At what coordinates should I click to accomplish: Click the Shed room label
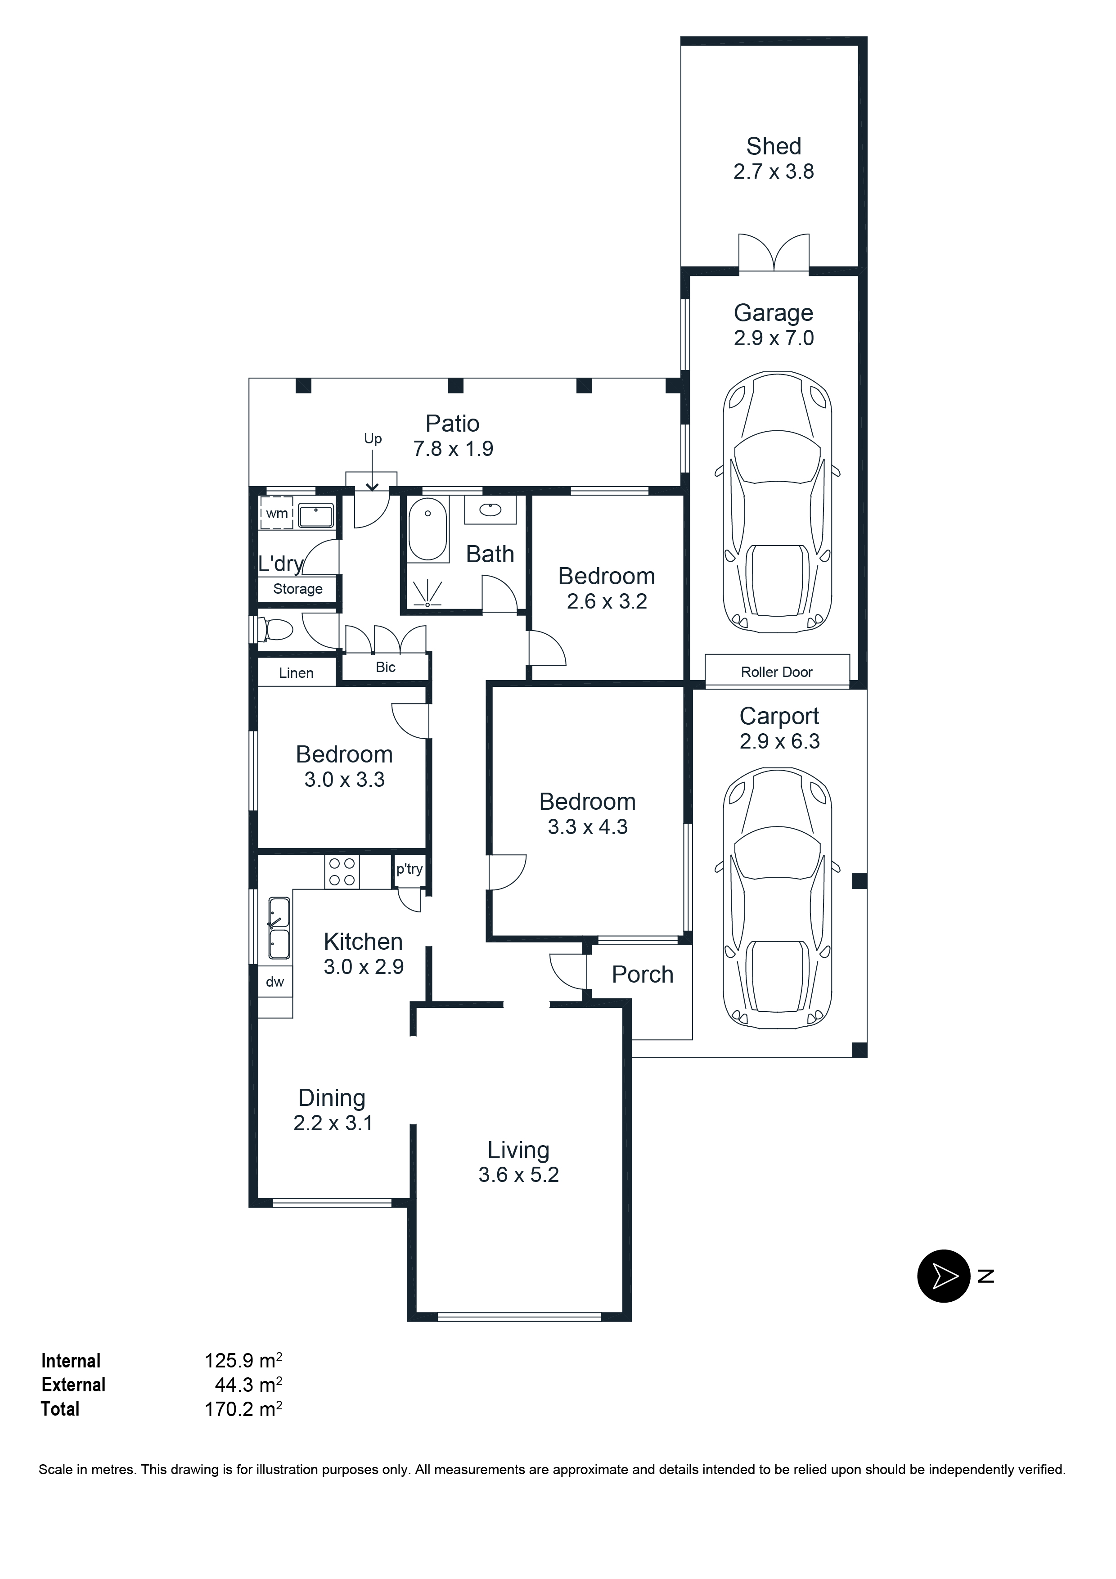(774, 146)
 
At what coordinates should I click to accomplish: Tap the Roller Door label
(776, 672)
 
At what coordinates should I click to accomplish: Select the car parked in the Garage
(777, 502)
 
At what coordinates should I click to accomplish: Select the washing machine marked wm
(276, 513)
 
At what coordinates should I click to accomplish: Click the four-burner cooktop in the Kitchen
(342, 871)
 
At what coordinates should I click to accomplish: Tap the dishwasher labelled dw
(274, 982)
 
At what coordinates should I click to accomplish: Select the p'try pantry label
(409, 869)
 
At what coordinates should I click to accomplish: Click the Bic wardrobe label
(385, 667)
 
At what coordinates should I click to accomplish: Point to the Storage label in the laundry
(298, 589)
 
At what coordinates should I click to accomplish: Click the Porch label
(642, 974)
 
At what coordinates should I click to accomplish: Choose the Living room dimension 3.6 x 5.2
(518, 1175)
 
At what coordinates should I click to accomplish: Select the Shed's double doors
(774, 253)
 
